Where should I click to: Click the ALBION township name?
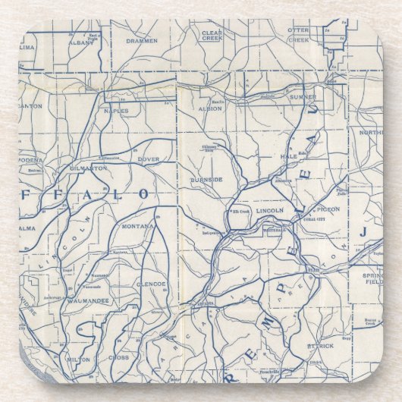tap(209, 108)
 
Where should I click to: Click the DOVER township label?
tap(148, 159)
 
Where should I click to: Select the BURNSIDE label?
tap(206, 180)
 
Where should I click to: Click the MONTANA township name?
tap(138, 226)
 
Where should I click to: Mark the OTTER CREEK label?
tap(298, 34)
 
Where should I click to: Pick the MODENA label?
tap(30, 160)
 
